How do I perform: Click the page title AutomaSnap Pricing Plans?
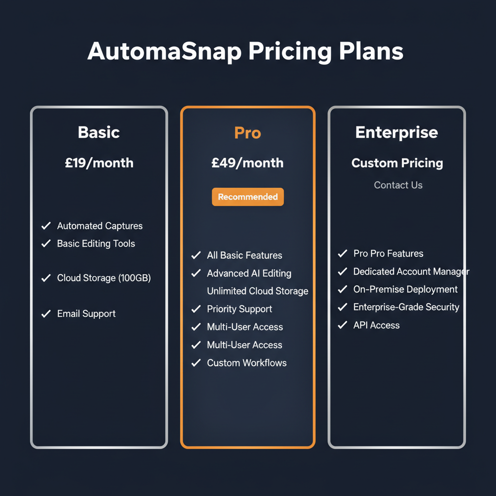(x=245, y=52)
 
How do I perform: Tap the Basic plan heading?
(x=99, y=132)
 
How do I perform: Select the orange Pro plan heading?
(x=248, y=132)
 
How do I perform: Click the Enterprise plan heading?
(x=396, y=132)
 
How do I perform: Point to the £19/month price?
(x=99, y=163)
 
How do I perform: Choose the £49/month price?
(x=248, y=163)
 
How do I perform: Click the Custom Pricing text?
(x=397, y=163)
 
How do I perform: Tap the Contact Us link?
(x=398, y=185)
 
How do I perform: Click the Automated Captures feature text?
(x=100, y=226)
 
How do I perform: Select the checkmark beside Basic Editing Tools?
(x=46, y=244)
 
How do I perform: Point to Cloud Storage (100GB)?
(x=104, y=278)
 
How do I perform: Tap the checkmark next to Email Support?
(x=46, y=314)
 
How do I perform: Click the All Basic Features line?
(x=244, y=255)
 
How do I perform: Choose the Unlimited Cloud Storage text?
(x=257, y=291)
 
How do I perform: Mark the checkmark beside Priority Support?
(x=196, y=309)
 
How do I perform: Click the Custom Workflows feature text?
(x=247, y=363)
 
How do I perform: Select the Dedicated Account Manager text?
(x=411, y=272)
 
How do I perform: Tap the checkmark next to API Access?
(x=342, y=325)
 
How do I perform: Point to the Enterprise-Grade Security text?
(x=406, y=307)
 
